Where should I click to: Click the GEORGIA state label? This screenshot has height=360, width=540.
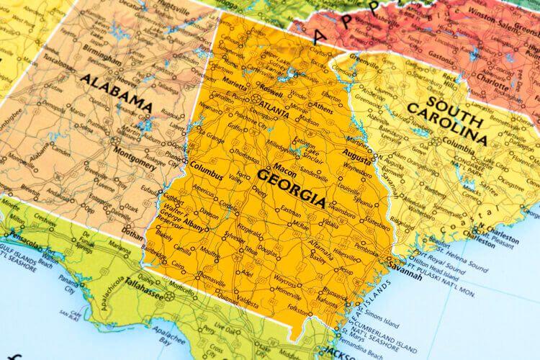(291, 186)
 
